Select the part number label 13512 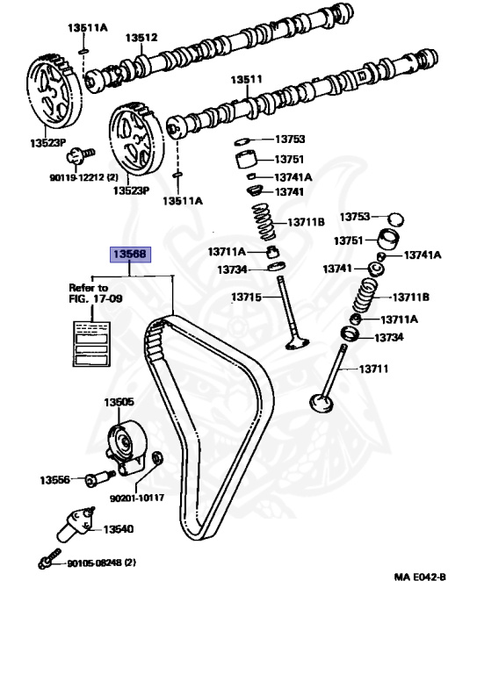[141, 38]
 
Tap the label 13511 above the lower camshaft [247, 79]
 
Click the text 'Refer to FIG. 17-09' [89, 292]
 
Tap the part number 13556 [55, 480]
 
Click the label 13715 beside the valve [246, 298]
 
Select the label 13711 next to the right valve [372, 369]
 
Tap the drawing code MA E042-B [420, 578]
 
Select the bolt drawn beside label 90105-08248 [48, 559]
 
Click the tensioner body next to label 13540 [74, 523]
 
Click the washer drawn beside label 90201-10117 [156, 457]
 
